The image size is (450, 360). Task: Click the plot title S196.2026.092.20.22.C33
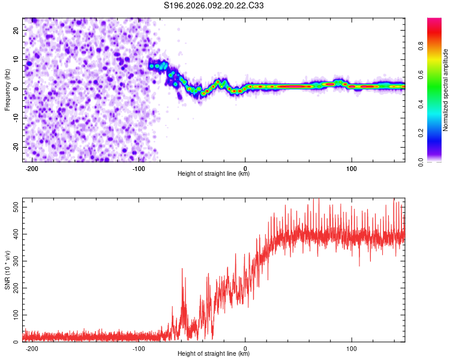tap(214, 6)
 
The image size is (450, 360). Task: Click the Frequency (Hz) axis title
tap(7, 90)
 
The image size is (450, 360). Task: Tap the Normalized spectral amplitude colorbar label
tap(445, 90)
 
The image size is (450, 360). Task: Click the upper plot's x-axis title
tap(214, 174)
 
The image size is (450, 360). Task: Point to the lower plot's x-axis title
tap(214, 354)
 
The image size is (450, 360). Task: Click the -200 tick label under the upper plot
tap(32, 168)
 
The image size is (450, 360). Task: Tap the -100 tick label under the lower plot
tap(139, 348)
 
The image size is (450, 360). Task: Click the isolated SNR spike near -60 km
tap(182, 270)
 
